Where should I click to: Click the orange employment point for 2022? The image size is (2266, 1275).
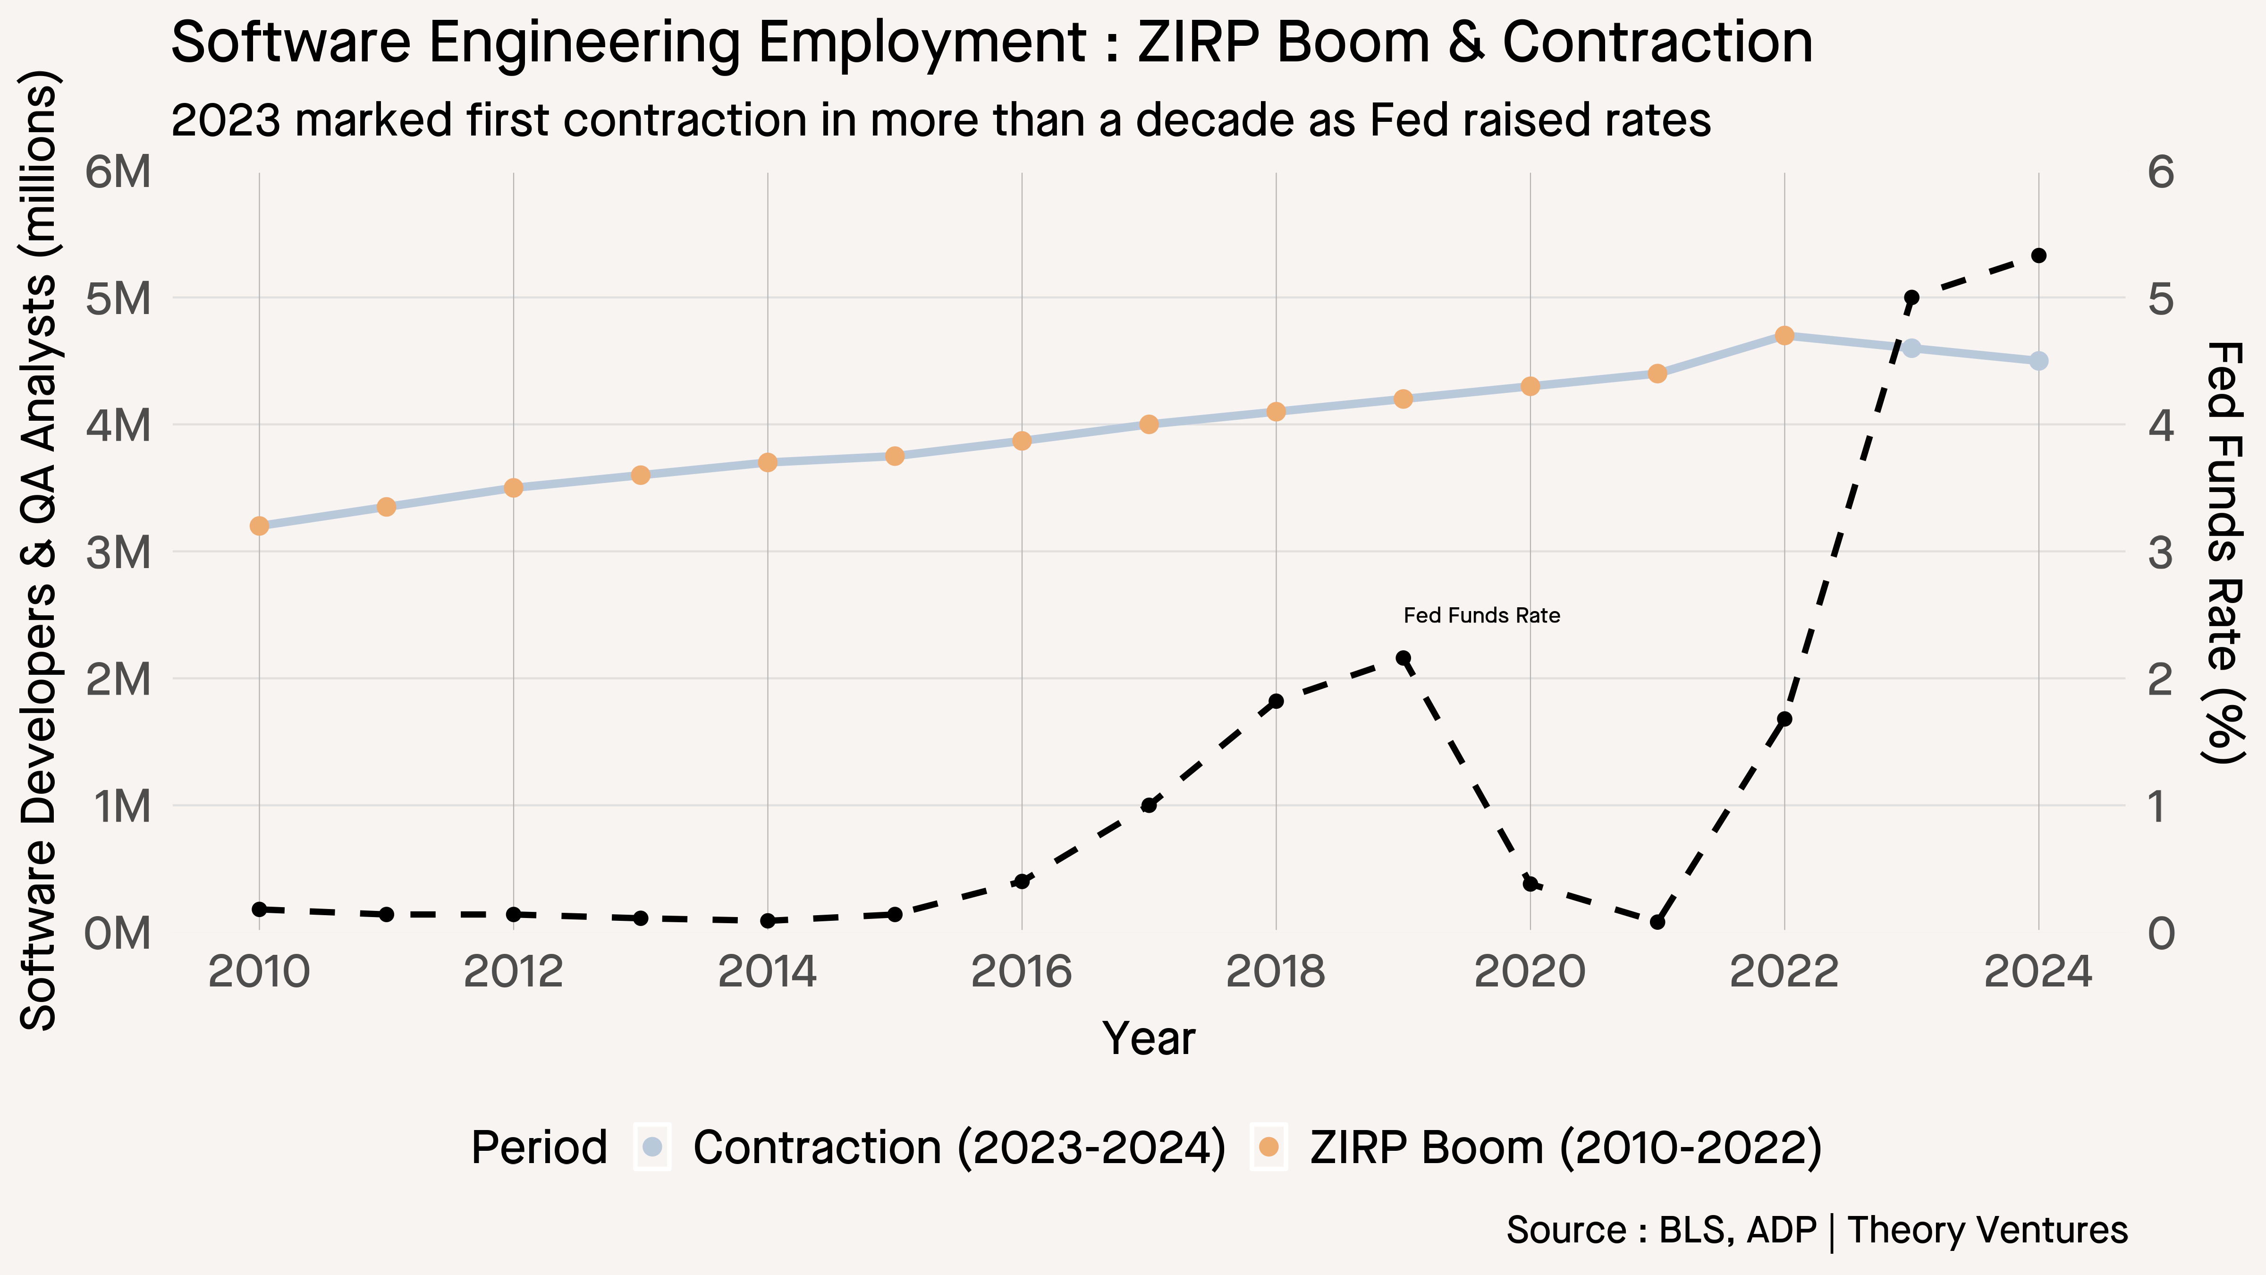pyautogui.click(x=1784, y=335)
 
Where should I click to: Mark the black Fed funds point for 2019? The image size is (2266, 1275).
pyautogui.click(x=1403, y=658)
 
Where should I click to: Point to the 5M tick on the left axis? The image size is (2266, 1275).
pyautogui.click(x=119, y=298)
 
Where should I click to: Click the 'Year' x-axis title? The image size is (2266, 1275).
pyautogui.click(x=1149, y=1038)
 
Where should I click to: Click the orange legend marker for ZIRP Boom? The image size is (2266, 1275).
pyautogui.click(x=1268, y=1147)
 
